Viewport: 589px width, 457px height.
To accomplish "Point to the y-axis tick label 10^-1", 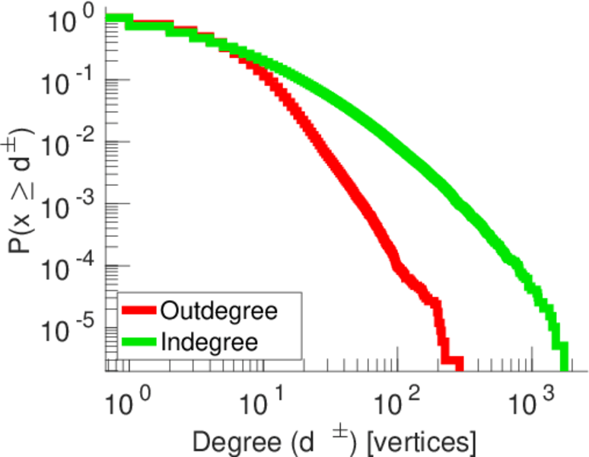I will point(69,81).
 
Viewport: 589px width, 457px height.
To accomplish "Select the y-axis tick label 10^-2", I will point(69,142).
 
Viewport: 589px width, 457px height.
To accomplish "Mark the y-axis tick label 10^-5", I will point(69,328).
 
